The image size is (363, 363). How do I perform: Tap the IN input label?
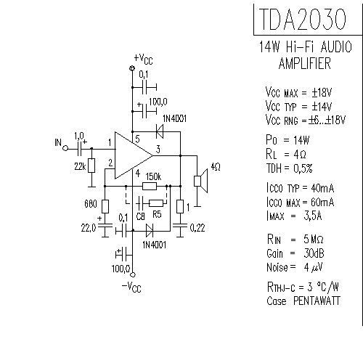coord(58,142)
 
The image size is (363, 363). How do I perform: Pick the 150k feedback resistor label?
coord(152,176)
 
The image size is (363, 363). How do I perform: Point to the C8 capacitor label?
coord(140,215)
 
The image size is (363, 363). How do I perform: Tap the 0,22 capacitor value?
coord(197,228)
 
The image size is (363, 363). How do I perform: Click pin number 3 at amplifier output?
coord(150,150)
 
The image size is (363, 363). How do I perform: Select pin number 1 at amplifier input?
coord(110,142)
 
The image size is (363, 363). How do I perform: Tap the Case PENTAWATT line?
coord(301,300)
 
